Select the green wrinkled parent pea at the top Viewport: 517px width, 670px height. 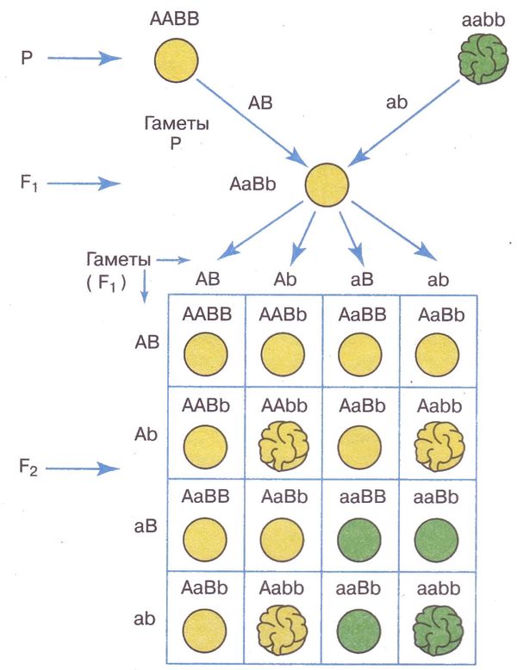pyautogui.click(x=480, y=61)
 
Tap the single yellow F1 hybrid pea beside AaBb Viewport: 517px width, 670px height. pyautogui.click(x=327, y=183)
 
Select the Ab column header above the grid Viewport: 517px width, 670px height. pyautogui.click(x=285, y=280)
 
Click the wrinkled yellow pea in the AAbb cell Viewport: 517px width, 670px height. pyautogui.click(x=283, y=444)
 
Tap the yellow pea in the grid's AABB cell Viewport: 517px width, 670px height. pyautogui.click(x=206, y=353)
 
